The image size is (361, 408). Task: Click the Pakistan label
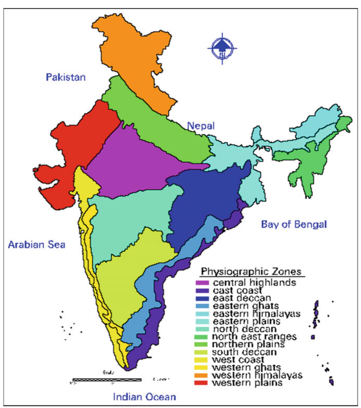pos(66,77)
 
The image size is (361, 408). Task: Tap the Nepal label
pos(201,126)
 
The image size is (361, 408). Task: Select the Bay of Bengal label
pos(294,224)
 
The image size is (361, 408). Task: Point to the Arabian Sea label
pos(37,244)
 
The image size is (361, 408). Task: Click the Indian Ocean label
pos(144,397)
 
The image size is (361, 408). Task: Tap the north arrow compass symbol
pos(222,48)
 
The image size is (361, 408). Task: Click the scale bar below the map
pos(107,380)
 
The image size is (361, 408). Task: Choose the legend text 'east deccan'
pos(242,298)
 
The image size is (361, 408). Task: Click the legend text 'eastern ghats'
pos(246,306)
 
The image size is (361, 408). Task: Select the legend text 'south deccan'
pos(244,352)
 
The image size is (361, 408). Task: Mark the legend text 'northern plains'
pos(248,344)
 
